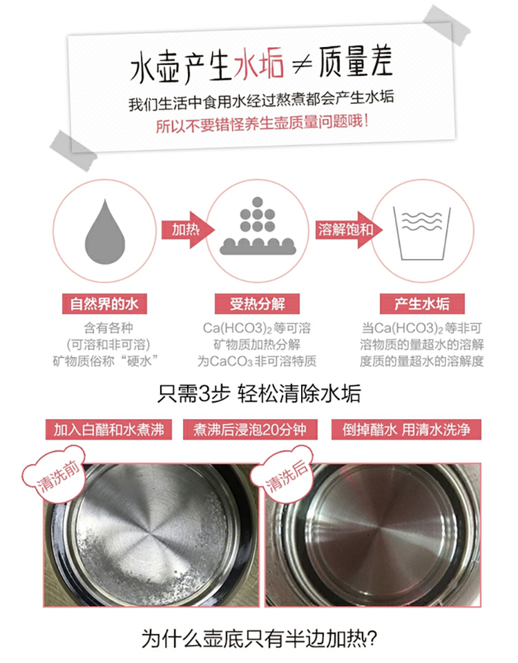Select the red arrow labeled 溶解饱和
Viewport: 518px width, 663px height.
pos(349,230)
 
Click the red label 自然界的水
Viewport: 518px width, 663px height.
pos(104,304)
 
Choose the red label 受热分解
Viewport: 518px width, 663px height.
pos(257,304)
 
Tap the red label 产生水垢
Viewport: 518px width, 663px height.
pos(422,304)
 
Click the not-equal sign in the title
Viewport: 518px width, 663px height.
pos(302,65)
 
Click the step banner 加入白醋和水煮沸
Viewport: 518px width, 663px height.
pos(108,430)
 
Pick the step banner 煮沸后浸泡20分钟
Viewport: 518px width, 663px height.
pos(250,430)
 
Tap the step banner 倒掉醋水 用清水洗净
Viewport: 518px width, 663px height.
pos(406,430)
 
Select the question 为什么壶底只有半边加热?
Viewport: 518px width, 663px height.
pos(259,638)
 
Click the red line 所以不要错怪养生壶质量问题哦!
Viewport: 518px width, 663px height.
pos(262,123)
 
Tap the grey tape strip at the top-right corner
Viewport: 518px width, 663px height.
pos(447,25)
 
